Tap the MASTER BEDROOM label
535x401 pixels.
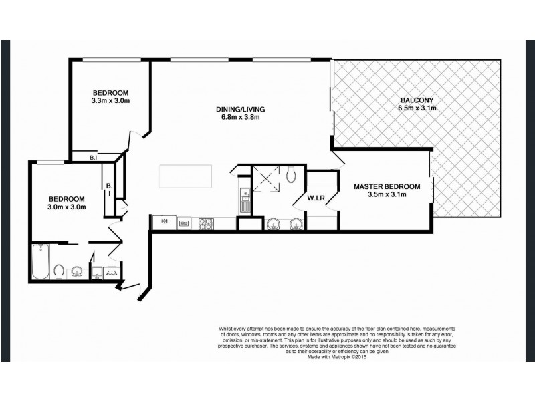coord(387,186)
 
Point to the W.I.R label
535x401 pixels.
coord(316,198)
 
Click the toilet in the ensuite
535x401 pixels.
coord(290,175)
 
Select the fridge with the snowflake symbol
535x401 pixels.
coord(163,222)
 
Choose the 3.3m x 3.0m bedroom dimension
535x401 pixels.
coord(110,101)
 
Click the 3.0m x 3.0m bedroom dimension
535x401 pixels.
coord(67,207)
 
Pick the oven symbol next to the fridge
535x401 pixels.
coord(184,223)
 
